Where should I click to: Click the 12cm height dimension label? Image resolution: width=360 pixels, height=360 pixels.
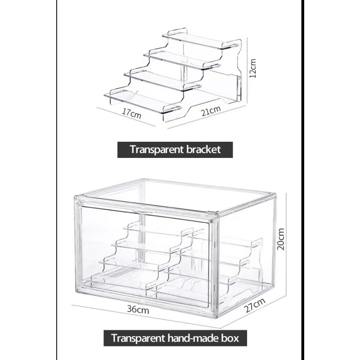(x=253, y=67)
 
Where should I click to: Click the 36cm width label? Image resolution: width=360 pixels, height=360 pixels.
(x=138, y=310)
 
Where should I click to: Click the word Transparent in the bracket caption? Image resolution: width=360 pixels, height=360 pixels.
(x=156, y=149)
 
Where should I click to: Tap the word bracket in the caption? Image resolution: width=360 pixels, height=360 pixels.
(x=202, y=149)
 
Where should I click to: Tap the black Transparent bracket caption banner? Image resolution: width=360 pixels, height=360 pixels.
(x=175, y=149)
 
